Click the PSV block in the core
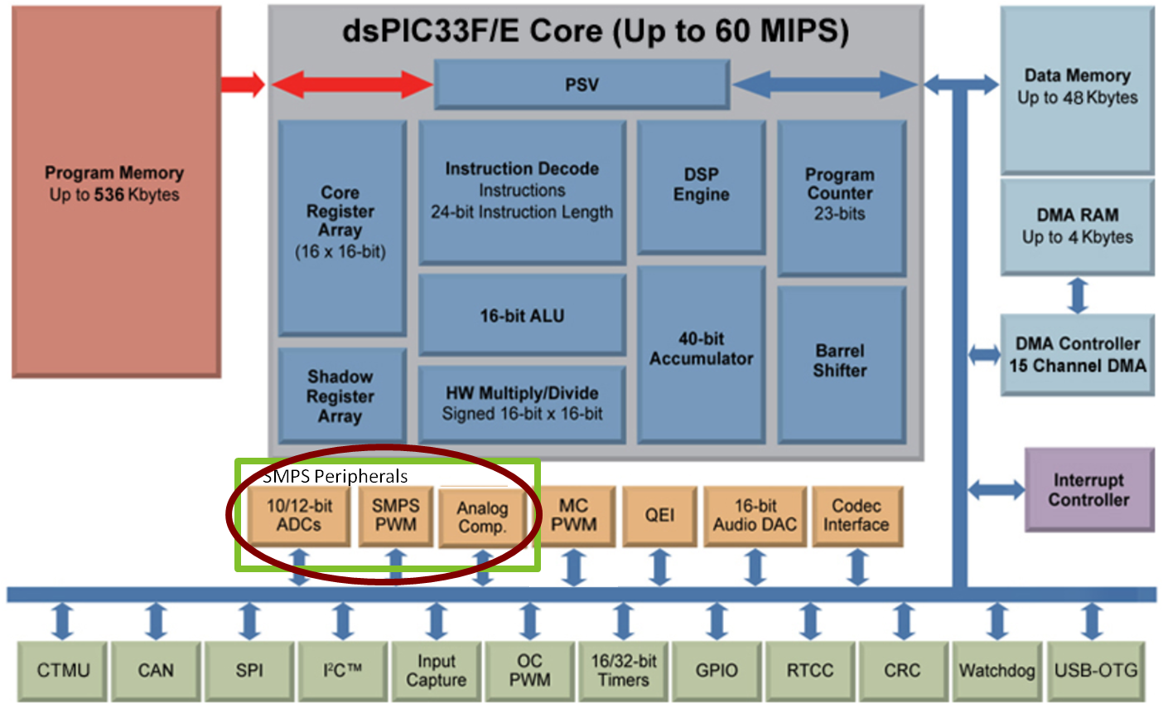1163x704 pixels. tap(581, 85)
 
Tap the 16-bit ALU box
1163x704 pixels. tap(522, 316)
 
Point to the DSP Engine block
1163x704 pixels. tap(701, 186)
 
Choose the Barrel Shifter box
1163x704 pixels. tap(840, 362)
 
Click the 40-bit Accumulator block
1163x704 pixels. tap(701, 350)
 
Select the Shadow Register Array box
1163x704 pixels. tap(340, 396)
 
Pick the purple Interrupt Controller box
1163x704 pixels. tap(1088, 490)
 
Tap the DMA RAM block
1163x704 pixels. tap(1077, 226)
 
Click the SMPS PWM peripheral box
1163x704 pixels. tap(395, 516)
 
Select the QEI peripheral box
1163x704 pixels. tap(659, 516)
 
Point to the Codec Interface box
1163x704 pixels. tap(856, 516)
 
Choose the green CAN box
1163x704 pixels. tap(156, 670)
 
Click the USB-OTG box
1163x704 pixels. tap(1095, 670)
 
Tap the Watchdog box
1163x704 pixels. tap(997, 670)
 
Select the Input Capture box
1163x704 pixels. tap(436, 670)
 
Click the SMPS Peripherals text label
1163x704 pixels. tap(335, 476)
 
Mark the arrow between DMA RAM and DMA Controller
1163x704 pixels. tap(1077, 295)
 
